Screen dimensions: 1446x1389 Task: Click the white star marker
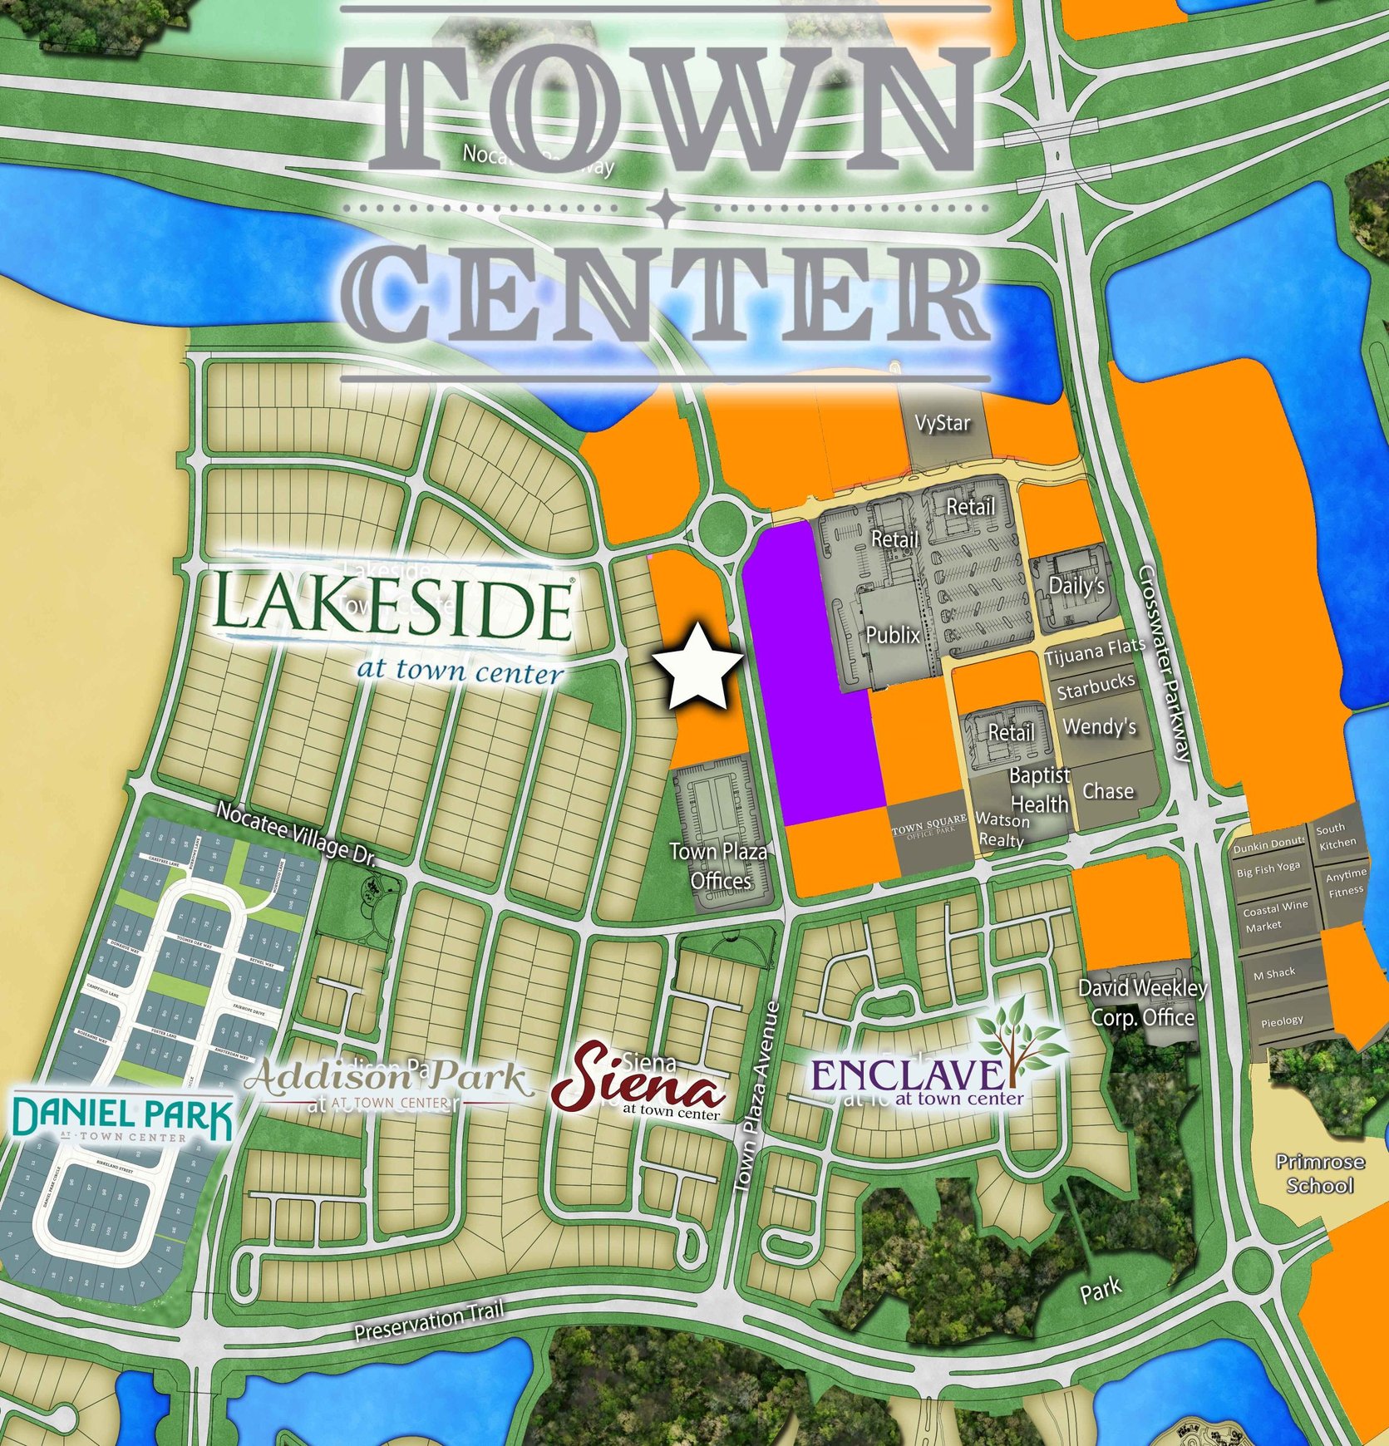click(697, 667)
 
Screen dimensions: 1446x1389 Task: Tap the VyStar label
click(942, 424)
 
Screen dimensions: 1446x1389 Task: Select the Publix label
click(893, 636)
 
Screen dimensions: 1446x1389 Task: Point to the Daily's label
click(1076, 586)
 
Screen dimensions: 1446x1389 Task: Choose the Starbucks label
click(1096, 687)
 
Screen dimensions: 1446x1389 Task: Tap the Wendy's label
click(1099, 727)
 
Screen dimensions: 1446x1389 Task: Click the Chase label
click(1107, 791)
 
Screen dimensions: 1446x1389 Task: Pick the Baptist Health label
click(1039, 789)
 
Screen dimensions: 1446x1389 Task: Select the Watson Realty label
click(1002, 829)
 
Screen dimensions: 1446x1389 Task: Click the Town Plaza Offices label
click(719, 866)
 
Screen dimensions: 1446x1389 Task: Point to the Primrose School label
click(1320, 1173)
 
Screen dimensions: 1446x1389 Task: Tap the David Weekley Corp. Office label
click(1142, 1002)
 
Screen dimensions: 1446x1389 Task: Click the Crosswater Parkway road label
click(1164, 662)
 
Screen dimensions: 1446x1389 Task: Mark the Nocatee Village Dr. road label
click(297, 834)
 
